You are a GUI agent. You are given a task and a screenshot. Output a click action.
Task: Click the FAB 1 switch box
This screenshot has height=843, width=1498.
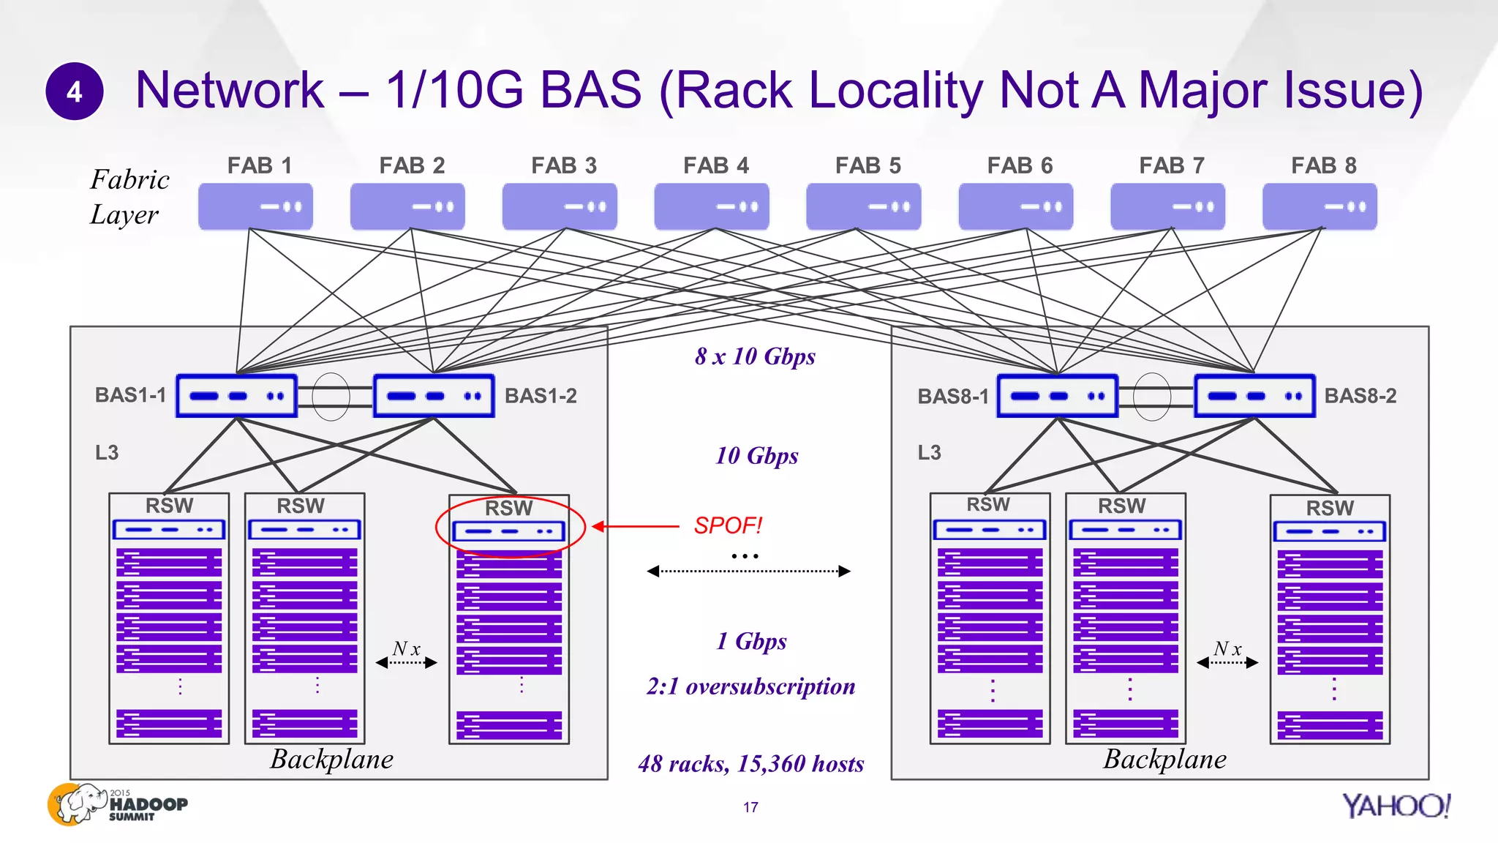(x=255, y=206)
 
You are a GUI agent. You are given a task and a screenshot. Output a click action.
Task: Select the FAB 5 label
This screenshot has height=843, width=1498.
(x=867, y=165)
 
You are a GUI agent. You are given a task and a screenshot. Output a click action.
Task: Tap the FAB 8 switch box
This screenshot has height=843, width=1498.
(x=1320, y=206)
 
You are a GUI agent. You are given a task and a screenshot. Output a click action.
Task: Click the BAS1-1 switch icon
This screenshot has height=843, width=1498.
(x=236, y=396)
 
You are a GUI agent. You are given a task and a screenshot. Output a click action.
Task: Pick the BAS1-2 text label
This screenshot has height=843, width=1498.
(x=541, y=396)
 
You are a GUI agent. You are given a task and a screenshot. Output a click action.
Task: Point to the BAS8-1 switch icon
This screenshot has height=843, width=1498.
(x=1058, y=396)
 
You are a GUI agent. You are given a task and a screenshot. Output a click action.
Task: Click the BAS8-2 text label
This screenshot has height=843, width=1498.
(x=1360, y=396)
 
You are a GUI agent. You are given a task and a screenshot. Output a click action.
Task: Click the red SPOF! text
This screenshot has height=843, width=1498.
(x=728, y=525)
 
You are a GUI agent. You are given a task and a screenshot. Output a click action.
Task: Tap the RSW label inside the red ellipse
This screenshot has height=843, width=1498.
(x=508, y=508)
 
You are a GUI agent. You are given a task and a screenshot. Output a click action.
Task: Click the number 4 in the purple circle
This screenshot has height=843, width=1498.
(x=75, y=91)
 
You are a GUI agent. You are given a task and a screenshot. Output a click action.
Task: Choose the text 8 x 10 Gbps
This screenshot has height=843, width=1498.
(x=755, y=356)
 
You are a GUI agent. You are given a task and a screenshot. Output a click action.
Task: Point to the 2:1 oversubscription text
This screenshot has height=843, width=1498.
(x=750, y=686)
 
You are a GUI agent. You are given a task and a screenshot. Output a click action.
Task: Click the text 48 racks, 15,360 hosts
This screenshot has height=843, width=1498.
(x=750, y=764)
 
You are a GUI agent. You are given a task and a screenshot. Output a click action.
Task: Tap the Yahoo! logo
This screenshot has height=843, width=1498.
(x=1396, y=806)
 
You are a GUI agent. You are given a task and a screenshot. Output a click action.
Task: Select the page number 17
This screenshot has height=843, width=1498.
(x=750, y=807)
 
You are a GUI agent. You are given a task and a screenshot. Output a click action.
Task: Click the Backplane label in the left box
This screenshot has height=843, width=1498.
(x=331, y=759)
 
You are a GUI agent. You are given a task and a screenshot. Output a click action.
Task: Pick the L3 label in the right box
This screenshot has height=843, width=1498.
(x=929, y=452)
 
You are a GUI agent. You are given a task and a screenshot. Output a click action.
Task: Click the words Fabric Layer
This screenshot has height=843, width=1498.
(x=129, y=197)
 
